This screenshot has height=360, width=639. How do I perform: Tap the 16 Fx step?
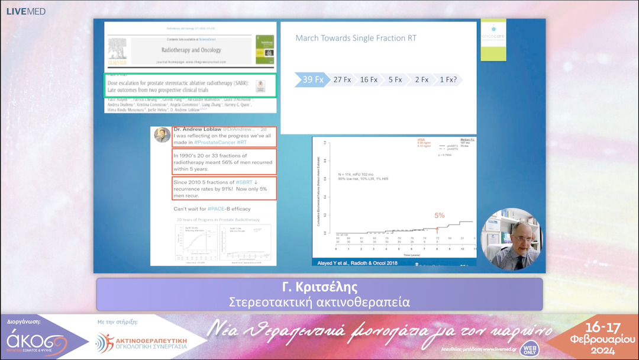pos(369,79)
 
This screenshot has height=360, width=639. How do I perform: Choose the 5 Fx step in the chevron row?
pos(395,79)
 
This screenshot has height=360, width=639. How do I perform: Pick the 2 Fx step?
pos(421,79)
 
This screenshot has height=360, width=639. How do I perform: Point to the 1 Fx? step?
pos(448,79)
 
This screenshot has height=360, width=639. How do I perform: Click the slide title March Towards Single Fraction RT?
pos(356,38)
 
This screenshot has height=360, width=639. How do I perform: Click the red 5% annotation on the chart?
pos(440,216)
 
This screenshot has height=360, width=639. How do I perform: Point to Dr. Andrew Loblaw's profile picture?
pos(162,135)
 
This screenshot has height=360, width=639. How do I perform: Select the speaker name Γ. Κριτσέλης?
pos(319,288)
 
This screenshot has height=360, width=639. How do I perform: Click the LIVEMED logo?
pos(26,11)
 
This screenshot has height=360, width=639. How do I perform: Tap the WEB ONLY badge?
pos(530,348)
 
